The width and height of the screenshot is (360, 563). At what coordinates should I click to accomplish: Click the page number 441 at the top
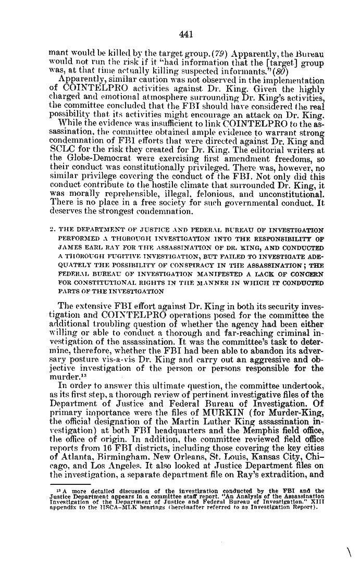coord(186,34)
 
